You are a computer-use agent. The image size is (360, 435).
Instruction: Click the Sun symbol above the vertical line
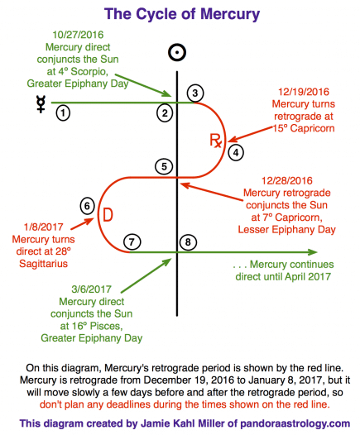[177, 52]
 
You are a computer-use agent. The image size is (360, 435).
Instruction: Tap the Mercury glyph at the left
[41, 104]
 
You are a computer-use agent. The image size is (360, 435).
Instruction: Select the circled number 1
[63, 113]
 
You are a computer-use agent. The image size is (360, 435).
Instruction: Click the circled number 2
[165, 113]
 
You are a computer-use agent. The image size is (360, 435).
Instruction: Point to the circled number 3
[195, 93]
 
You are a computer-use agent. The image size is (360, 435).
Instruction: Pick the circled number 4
[236, 153]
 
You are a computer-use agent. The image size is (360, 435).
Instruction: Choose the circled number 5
[164, 167]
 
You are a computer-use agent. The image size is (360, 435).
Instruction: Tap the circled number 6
[87, 206]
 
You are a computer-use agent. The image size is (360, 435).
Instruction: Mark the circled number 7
[132, 242]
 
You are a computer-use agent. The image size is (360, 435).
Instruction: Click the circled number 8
[188, 242]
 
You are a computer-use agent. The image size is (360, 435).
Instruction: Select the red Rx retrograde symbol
[215, 141]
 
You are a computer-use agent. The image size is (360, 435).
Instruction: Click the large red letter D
[108, 215]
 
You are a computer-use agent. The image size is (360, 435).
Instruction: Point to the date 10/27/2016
[78, 35]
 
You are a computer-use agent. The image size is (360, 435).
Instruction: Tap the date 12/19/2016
[304, 92]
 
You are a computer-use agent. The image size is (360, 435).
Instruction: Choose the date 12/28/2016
[287, 180]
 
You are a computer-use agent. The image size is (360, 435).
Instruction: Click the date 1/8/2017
[44, 227]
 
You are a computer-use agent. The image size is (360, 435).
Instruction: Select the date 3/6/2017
[91, 289]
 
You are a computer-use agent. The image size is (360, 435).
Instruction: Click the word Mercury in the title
[230, 14]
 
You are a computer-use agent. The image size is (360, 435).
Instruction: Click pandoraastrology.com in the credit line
[295, 423]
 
